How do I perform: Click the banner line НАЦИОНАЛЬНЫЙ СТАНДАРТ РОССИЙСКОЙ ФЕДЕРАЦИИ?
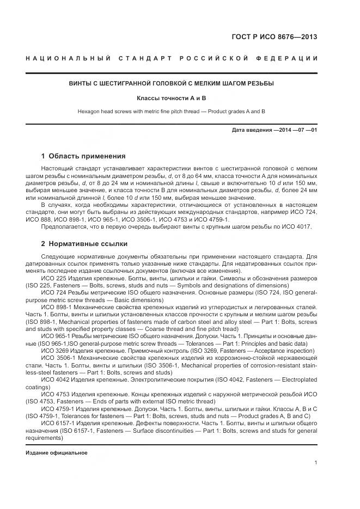[x=172, y=58]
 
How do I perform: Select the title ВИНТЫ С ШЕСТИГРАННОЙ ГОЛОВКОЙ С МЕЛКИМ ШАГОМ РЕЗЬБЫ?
[x=172, y=83]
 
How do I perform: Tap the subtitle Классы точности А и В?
[x=172, y=98]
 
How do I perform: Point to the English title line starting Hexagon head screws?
[x=172, y=111]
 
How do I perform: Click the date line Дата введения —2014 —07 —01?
[x=274, y=130]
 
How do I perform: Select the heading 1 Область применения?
[x=83, y=156]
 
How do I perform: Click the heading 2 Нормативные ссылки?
[x=84, y=243]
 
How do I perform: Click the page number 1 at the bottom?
[x=315, y=463]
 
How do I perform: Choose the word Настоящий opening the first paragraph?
[x=58, y=170]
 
